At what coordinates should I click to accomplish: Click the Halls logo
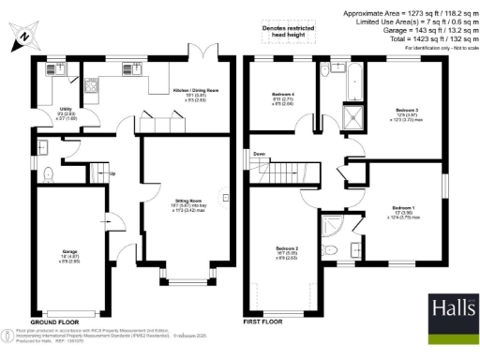[453, 310]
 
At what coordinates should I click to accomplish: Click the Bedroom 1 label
[402, 208]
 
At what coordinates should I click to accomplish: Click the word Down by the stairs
[260, 154]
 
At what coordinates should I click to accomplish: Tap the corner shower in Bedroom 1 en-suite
[329, 226]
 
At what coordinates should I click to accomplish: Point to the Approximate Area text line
[408, 12]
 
